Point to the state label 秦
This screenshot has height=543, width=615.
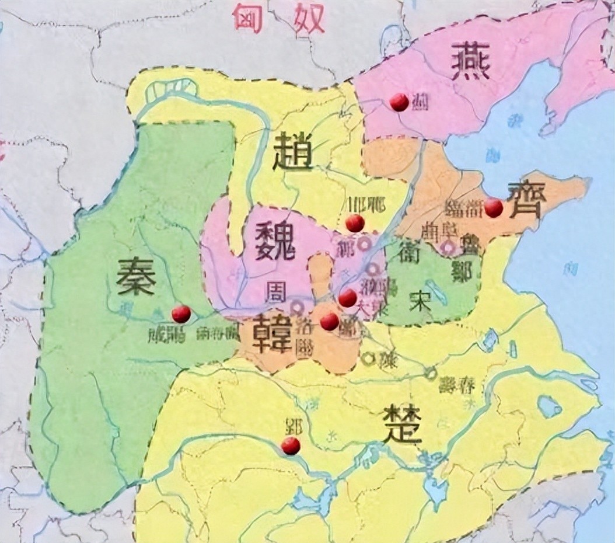pos(135,276)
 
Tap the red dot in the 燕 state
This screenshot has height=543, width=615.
pos(399,102)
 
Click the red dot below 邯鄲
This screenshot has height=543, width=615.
pos(355,222)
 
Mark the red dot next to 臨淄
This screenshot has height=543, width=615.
pos(494,208)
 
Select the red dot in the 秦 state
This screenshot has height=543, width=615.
pos(181,314)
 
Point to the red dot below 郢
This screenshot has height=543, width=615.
pos(290,446)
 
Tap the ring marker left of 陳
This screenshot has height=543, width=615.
pos(368,358)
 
